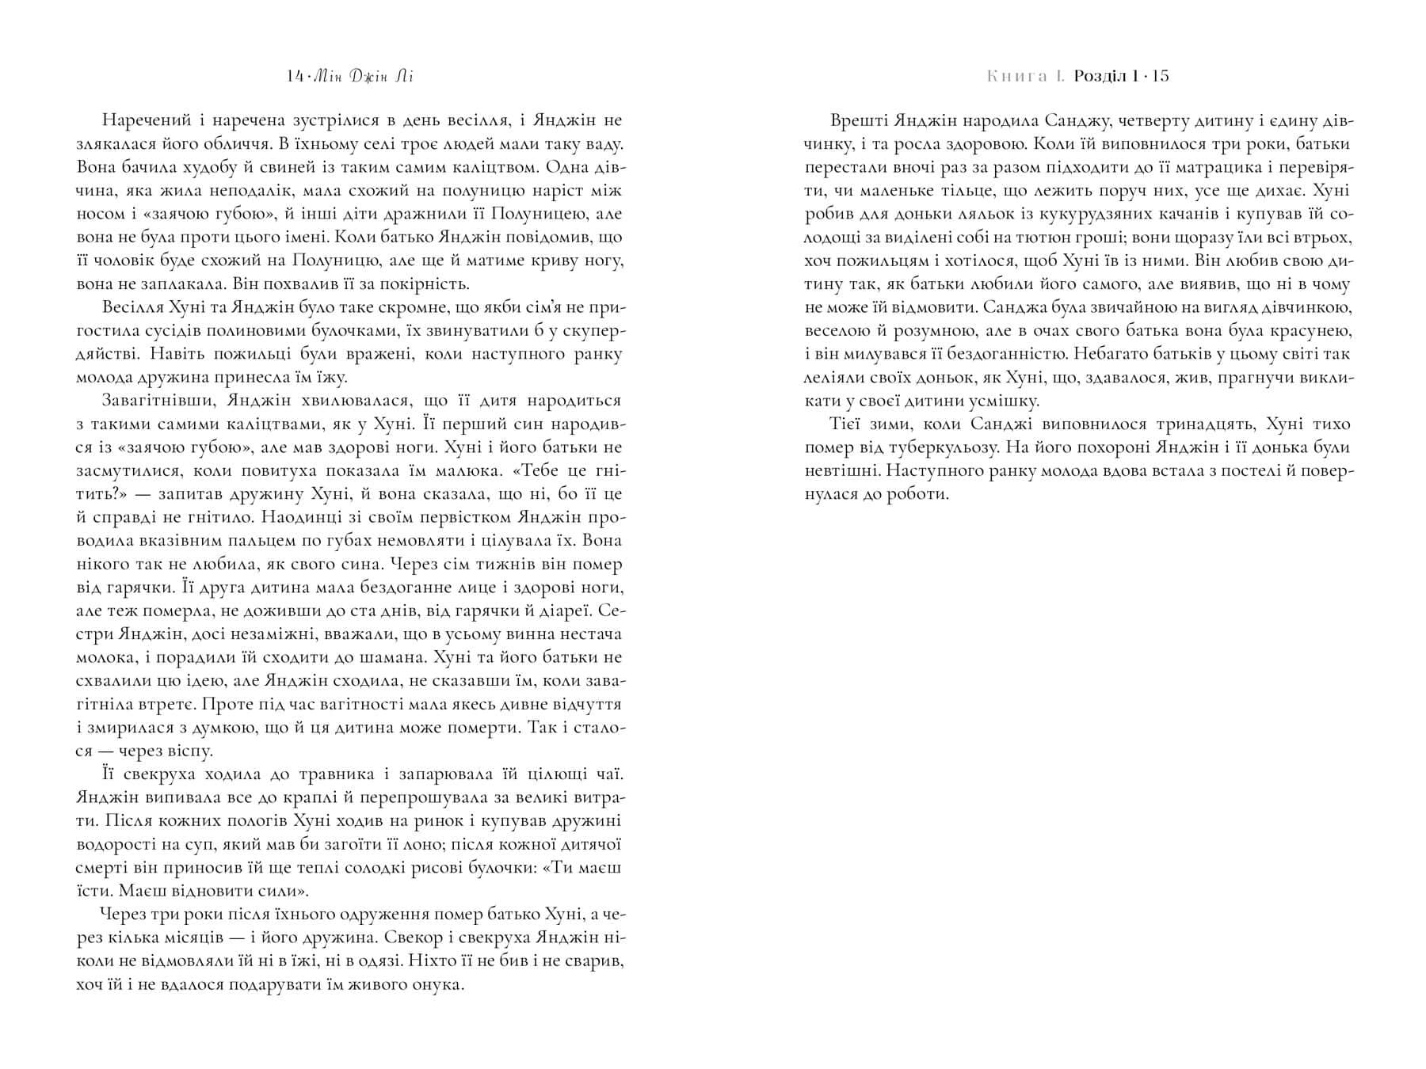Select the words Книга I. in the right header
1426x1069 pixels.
click(x=1026, y=77)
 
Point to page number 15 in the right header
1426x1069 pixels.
click(x=1161, y=77)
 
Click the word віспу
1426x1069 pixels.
click(x=189, y=751)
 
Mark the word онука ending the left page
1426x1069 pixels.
click(x=436, y=984)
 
